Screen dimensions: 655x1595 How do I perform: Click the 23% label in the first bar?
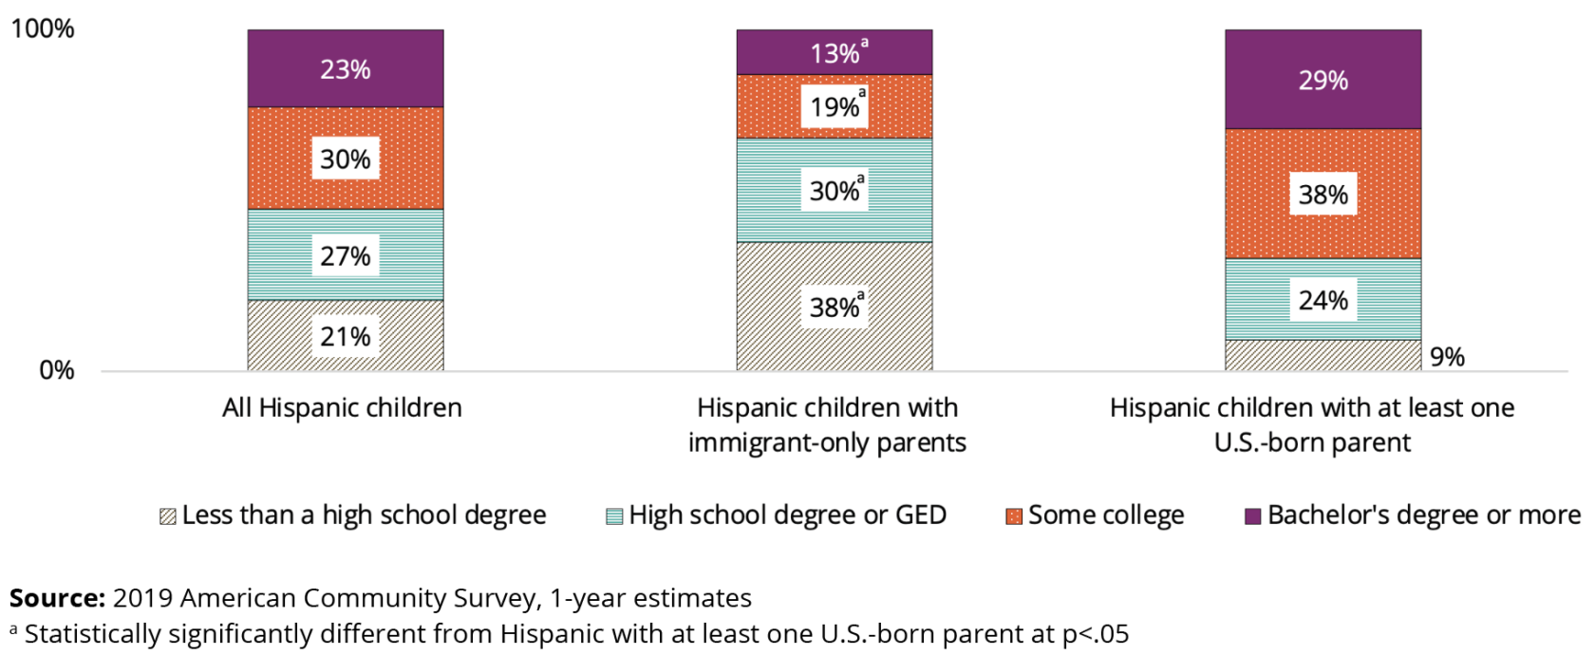point(345,69)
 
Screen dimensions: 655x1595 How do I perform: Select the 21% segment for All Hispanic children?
point(345,336)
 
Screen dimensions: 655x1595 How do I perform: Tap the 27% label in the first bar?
point(345,255)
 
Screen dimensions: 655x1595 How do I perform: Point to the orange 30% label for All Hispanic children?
point(345,159)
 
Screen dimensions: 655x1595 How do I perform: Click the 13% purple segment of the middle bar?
point(835,53)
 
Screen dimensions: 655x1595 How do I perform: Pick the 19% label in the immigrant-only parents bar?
point(835,106)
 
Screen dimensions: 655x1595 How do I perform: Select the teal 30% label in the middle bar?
point(835,191)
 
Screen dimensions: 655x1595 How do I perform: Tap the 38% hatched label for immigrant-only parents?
point(835,307)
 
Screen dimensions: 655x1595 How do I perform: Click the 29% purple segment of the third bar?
point(1323,80)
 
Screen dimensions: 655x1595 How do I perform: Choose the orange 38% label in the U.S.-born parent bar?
point(1323,195)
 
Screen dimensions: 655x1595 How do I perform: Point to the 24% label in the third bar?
point(1323,300)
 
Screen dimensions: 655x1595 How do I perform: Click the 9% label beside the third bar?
point(1447,357)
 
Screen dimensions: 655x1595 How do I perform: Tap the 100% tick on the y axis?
point(42,28)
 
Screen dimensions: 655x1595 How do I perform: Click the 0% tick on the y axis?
point(56,370)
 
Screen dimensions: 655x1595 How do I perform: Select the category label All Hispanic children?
point(342,408)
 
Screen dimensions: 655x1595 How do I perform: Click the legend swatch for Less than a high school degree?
point(168,516)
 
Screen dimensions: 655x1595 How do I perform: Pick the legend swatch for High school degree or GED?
point(614,516)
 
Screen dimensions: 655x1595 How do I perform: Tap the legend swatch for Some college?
point(1014,516)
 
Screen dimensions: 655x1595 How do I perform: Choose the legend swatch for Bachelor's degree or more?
point(1253,516)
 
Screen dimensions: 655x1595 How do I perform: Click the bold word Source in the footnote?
point(57,598)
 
